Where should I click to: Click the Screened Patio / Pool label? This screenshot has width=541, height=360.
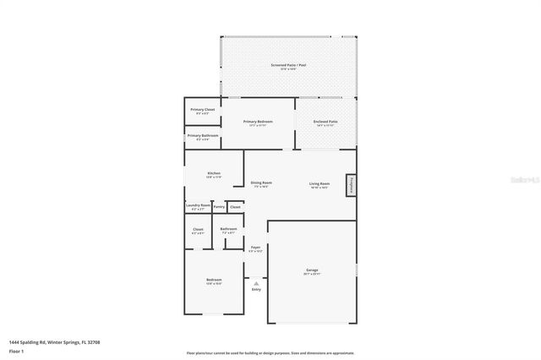point(287,65)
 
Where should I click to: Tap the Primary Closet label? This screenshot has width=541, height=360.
point(203,110)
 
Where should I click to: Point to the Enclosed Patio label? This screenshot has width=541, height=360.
point(325,122)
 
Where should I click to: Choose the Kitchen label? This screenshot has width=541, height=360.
point(214,173)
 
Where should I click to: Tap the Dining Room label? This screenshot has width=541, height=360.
point(260,183)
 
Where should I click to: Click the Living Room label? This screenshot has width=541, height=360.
point(319,183)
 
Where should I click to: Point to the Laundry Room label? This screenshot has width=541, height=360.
point(198,205)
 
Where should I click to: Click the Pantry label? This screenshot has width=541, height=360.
point(219,205)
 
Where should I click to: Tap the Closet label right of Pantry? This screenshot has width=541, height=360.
point(235,205)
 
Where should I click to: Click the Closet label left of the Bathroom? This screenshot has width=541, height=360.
point(198,229)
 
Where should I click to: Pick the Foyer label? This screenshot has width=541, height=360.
point(255,248)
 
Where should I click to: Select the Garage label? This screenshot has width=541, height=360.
point(312,270)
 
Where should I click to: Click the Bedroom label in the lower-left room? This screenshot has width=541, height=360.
point(214,280)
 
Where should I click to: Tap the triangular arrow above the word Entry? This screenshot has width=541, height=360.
point(255,282)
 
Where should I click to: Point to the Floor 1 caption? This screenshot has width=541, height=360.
point(16,351)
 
